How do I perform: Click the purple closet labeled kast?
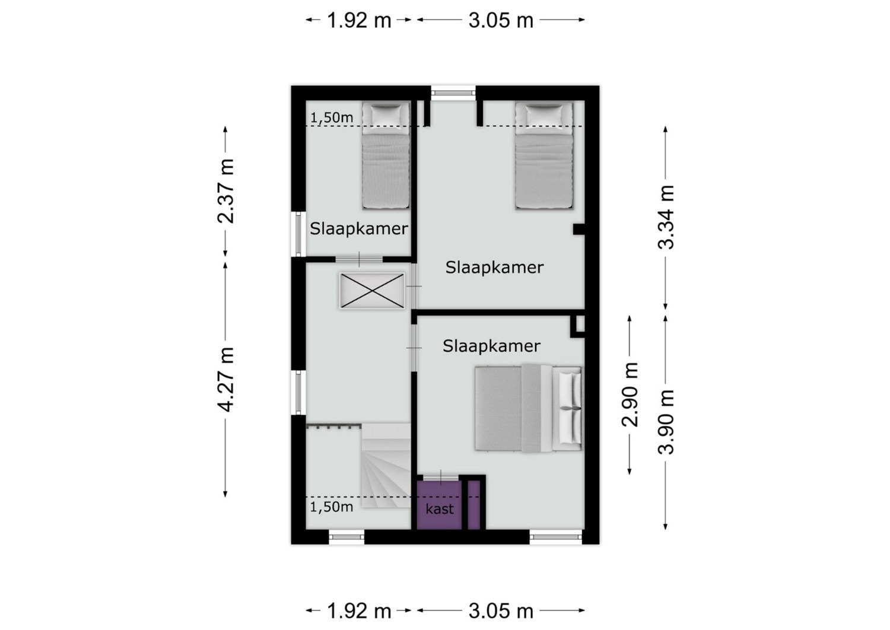439,505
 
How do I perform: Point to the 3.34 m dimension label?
666,217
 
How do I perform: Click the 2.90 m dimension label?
630,395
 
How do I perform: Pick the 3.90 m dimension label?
666,422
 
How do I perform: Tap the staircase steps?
386,466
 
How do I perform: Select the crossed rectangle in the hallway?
372,290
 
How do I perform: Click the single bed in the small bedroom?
386,155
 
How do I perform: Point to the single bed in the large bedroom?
544,155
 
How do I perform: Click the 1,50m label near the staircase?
331,507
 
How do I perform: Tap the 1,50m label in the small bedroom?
331,117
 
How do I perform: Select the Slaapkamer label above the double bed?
491,346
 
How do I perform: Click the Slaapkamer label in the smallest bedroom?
359,229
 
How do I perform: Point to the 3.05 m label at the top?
501,20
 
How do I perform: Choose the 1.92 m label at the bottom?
359,611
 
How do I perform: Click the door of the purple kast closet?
440,478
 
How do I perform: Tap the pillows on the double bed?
570,409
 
